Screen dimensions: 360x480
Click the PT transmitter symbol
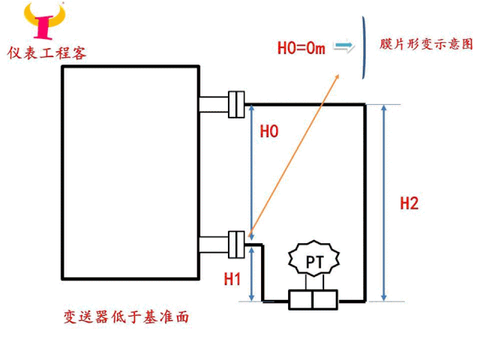coord(313,261)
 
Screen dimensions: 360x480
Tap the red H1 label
coord(232,279)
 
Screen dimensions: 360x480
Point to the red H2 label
coord(409,203)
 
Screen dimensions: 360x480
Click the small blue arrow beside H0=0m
coord(343,47)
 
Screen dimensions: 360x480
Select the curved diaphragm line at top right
coord(365,48)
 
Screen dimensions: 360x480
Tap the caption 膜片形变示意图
coord(425,44)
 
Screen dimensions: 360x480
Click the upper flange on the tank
coord(237,103)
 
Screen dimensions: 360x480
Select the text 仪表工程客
coord(47,52)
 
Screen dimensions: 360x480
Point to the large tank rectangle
coord(129,172)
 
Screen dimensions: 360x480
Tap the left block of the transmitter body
coord(301,301)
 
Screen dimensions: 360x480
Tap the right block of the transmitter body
coord(326,301)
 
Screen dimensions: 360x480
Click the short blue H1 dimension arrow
coord(250,274)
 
